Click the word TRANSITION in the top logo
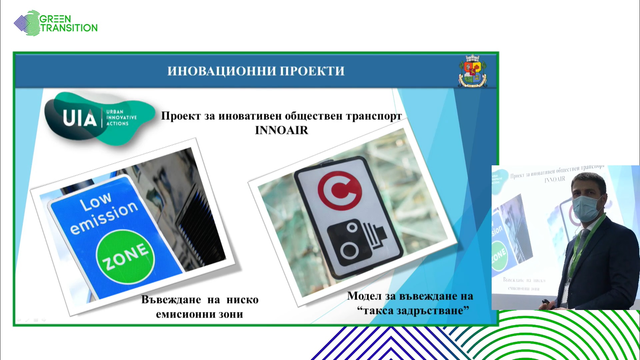[x=69, y=28]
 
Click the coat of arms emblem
[x=473, y=71]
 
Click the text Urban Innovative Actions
[x=121, y=118]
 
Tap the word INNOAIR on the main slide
[x=282, y=130]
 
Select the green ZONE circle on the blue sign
[x=125, y=257]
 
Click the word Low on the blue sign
[x=96, y=202]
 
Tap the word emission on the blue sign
[x=104, y=218]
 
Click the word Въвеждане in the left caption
[x=171, y=300]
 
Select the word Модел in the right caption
[x=364, y=296]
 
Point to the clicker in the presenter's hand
[x=546, y=302]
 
